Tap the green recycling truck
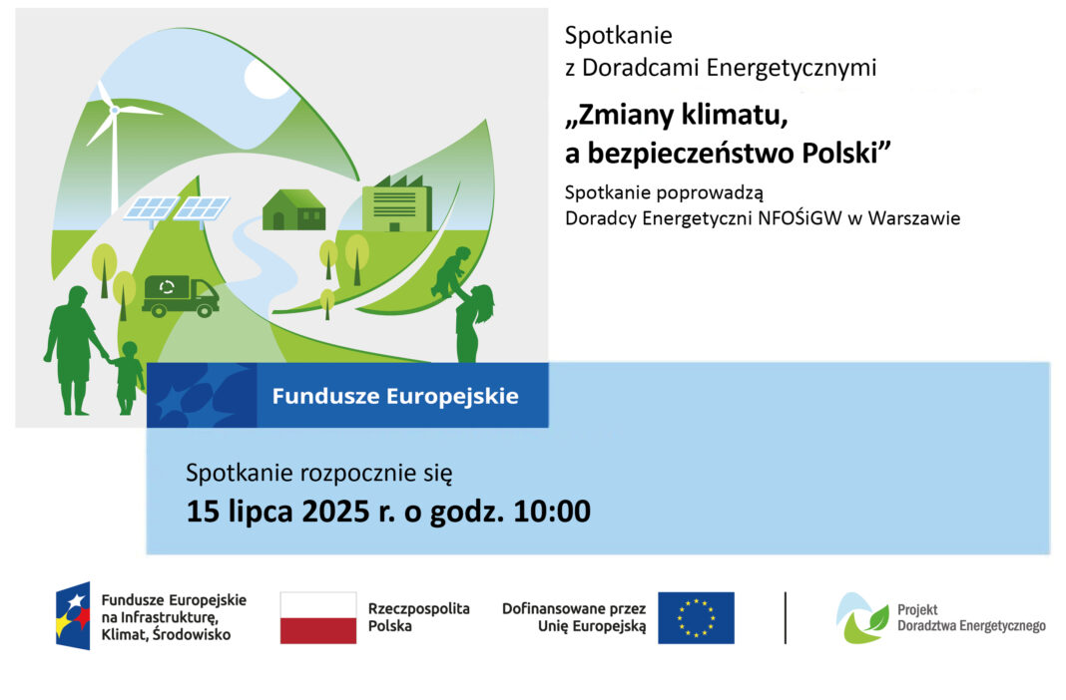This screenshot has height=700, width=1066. pos(180,296)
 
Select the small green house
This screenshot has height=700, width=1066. pos(293,209)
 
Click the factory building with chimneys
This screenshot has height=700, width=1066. pos(397,203)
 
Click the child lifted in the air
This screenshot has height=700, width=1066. pos(450,271)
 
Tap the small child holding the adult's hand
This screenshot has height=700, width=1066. pos(127,378)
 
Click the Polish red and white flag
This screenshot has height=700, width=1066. pos(318,617)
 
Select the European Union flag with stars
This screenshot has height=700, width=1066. pos(696,617)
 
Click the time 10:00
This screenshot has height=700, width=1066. pos(552,512)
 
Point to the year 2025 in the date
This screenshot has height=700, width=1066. pos(335,512)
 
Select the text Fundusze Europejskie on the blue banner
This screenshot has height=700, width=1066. pos(395,396)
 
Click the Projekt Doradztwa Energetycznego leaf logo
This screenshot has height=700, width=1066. pos(862,618)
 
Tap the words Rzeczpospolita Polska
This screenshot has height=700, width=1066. pos(419,617)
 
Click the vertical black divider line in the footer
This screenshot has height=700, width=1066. pos(786,617)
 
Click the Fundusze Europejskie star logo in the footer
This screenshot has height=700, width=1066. pos(74,616)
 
